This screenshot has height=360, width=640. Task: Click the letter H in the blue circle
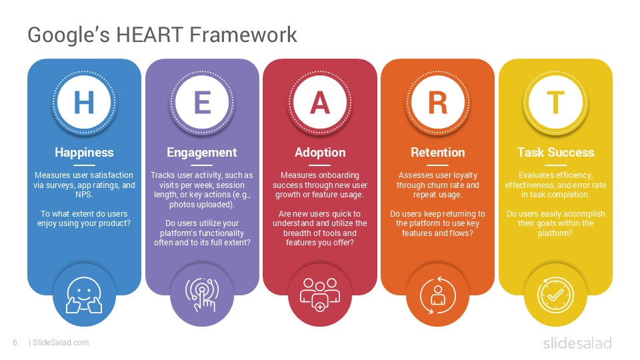84,103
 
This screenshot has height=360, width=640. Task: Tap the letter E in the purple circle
202,103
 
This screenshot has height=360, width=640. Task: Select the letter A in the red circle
320,103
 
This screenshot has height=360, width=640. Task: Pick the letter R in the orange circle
438,103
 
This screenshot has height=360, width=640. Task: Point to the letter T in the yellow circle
555,103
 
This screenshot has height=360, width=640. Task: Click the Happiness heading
84,153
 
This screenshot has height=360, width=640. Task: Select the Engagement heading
202,153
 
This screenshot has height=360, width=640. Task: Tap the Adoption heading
320,153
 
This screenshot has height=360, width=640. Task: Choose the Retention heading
438,153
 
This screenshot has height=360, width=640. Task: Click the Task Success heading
555,153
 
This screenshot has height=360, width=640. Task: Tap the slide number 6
15,343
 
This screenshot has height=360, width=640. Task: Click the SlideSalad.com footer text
61,343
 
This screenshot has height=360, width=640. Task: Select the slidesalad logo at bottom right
577,343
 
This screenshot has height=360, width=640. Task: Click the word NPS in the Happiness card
84,195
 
